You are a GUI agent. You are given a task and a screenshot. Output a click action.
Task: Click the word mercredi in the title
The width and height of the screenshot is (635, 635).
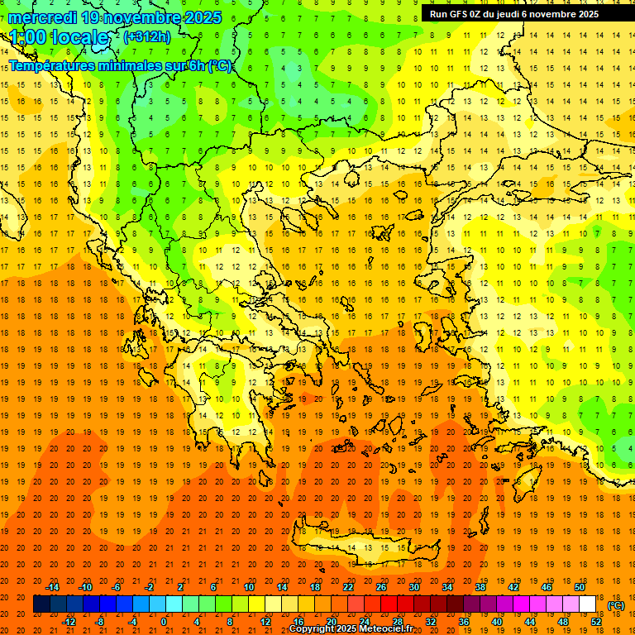tap(44, 17)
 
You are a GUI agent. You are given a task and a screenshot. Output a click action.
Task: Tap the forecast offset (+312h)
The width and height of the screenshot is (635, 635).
tap(147, 36)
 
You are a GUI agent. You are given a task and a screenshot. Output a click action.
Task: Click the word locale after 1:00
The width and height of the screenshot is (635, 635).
tap(79, 37)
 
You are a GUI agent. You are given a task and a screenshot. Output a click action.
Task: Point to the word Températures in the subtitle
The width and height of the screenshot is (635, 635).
tap(56, 65)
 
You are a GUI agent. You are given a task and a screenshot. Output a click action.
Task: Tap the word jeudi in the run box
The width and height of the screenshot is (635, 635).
tap(517, 14)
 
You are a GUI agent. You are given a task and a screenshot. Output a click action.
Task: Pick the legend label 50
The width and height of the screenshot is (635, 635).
tap(580, 586)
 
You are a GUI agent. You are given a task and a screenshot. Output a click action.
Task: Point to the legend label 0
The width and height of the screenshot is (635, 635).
tap(165, 621)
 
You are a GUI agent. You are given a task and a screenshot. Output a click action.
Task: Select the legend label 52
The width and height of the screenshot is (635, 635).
tap(596, 621)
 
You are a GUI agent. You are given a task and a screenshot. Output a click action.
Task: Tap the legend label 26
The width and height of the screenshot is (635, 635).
tap(381, 586)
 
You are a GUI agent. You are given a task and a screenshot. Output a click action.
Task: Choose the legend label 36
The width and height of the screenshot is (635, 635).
tap(464, 621)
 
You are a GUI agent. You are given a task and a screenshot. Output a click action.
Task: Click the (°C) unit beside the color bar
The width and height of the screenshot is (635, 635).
tap(616, 605)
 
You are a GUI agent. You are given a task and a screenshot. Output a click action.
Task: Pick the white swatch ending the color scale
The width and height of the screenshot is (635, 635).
tap(588, 604)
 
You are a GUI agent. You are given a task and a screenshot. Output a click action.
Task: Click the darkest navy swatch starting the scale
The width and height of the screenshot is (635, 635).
tap(41, 604)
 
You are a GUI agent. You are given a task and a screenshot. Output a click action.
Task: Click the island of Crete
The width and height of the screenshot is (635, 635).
tap(364, 549)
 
